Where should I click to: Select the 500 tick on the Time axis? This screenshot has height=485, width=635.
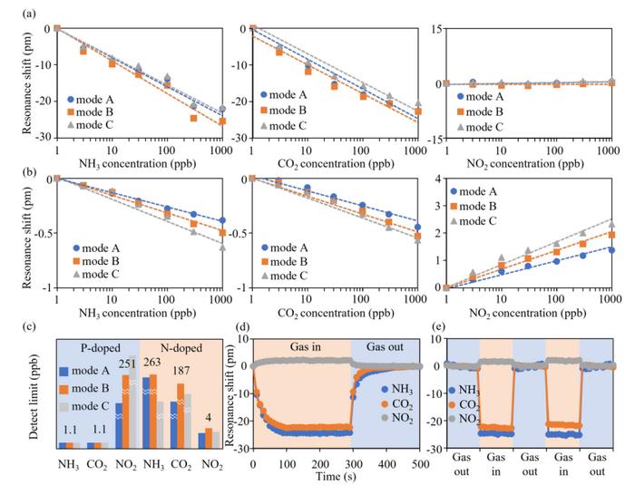(419, 462)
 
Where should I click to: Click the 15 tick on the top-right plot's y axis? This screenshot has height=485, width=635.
(437, 29)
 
